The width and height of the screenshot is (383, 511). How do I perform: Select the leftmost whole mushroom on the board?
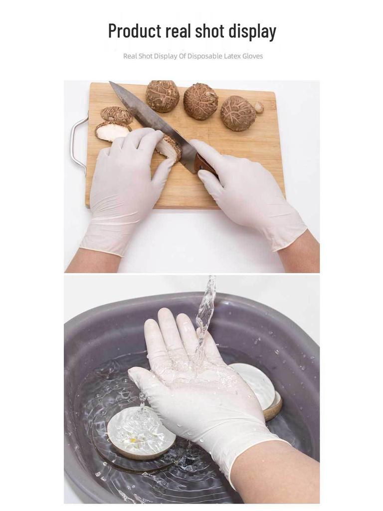point(162,96)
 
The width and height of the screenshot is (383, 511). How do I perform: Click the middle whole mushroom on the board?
point(200,101)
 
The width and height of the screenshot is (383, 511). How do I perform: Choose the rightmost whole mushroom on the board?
point(238,113)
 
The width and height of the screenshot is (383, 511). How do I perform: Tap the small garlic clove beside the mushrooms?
point(259,107)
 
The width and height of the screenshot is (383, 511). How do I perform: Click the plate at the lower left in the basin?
point(141,432)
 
